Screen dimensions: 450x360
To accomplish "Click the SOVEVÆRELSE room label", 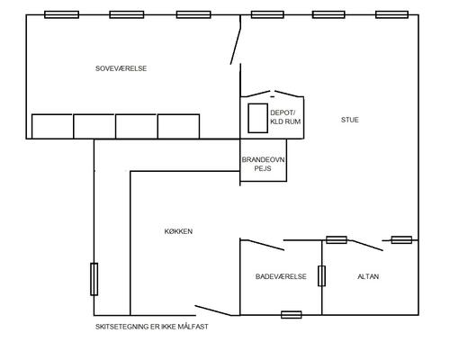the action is (121, 68).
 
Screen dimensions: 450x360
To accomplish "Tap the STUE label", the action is (350, 120).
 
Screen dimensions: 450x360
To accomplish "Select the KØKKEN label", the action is (178, 231).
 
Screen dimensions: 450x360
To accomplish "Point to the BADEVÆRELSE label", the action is (281, 276).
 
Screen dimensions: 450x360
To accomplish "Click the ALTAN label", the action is (368, 276).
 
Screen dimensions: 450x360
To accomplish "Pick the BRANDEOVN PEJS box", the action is (264, 160).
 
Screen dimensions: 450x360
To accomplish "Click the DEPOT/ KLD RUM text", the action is (285, 117).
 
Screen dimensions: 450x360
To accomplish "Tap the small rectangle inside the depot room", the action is (257, 118).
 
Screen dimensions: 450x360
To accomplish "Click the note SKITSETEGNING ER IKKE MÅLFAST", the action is (152, 327).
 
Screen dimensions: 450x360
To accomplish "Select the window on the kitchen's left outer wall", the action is (94, 279).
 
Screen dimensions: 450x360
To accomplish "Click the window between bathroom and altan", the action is (321, 275).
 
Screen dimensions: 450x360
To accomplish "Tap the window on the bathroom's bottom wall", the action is (292, 315).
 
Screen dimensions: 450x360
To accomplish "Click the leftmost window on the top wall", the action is (61, 14).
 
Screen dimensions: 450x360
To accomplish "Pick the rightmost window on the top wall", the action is (391, 14).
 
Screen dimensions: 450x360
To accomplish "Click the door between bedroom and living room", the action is (236, 40).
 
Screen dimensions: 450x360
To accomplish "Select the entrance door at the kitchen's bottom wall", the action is (213, 310).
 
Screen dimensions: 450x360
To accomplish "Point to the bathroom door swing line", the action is (262, 245).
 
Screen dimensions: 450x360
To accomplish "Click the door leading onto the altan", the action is (368, 246).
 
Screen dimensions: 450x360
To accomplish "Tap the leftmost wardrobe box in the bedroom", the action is (52, 126).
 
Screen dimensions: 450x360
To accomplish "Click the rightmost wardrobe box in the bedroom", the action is (178, 126).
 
